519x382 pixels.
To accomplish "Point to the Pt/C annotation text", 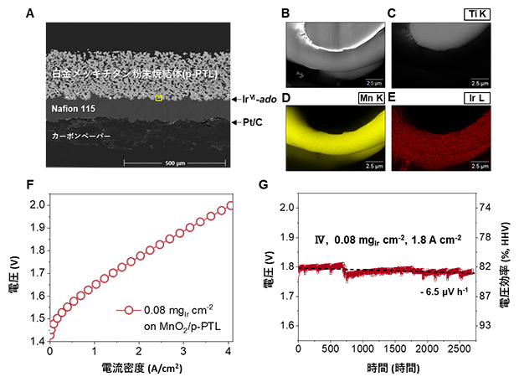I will (x=249, y=121).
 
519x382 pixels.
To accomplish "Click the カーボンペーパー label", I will (x=82, y=134).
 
